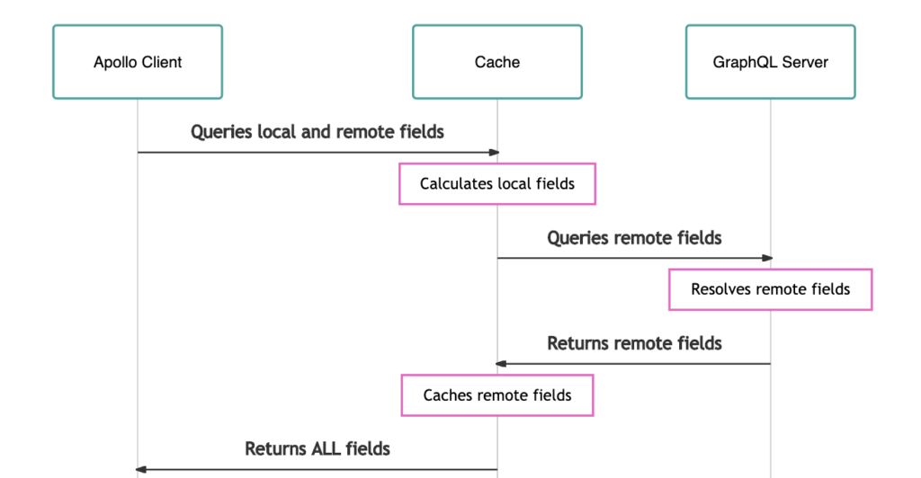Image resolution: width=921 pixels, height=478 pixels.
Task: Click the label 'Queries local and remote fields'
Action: click(317, 132)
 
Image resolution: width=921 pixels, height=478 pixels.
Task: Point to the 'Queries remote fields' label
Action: click(634, 237)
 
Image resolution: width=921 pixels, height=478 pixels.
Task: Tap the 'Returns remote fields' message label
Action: click(634, 343)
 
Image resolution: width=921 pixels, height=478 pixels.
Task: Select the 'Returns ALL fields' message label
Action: click(317, 448)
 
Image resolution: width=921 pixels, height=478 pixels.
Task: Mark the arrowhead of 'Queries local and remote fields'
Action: click(494, 153)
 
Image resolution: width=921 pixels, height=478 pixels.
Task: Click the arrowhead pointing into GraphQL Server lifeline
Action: click(767, 258)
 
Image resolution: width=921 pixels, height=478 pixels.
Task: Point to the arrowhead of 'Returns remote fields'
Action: click(500, 364)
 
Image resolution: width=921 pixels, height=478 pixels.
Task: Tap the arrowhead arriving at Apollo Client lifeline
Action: click(141, 469)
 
